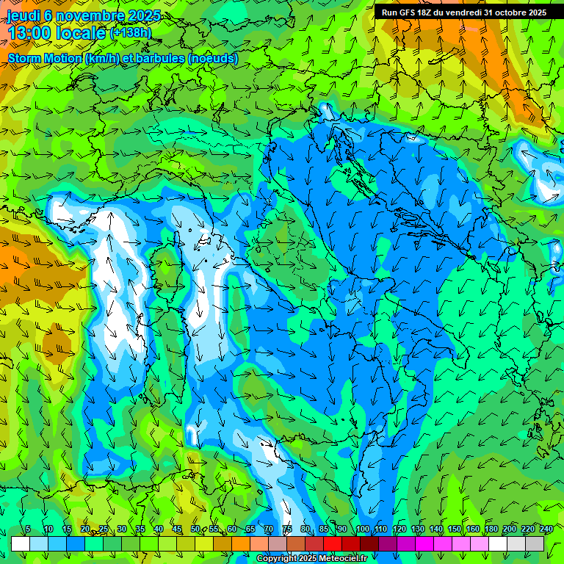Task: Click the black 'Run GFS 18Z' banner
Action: [x=464, y=12]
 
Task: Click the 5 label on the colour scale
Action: [x=28, y=529]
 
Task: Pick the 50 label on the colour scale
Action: [x=195, y=529]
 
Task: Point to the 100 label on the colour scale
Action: [x=363, y=529]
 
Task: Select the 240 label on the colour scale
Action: [x=546, y=529]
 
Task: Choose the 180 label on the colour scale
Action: [x=491, y=529]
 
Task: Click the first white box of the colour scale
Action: [x=21, y=543]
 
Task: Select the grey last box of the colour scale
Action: [x=535, y=543]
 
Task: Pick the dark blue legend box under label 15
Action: [x=76, y=543]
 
